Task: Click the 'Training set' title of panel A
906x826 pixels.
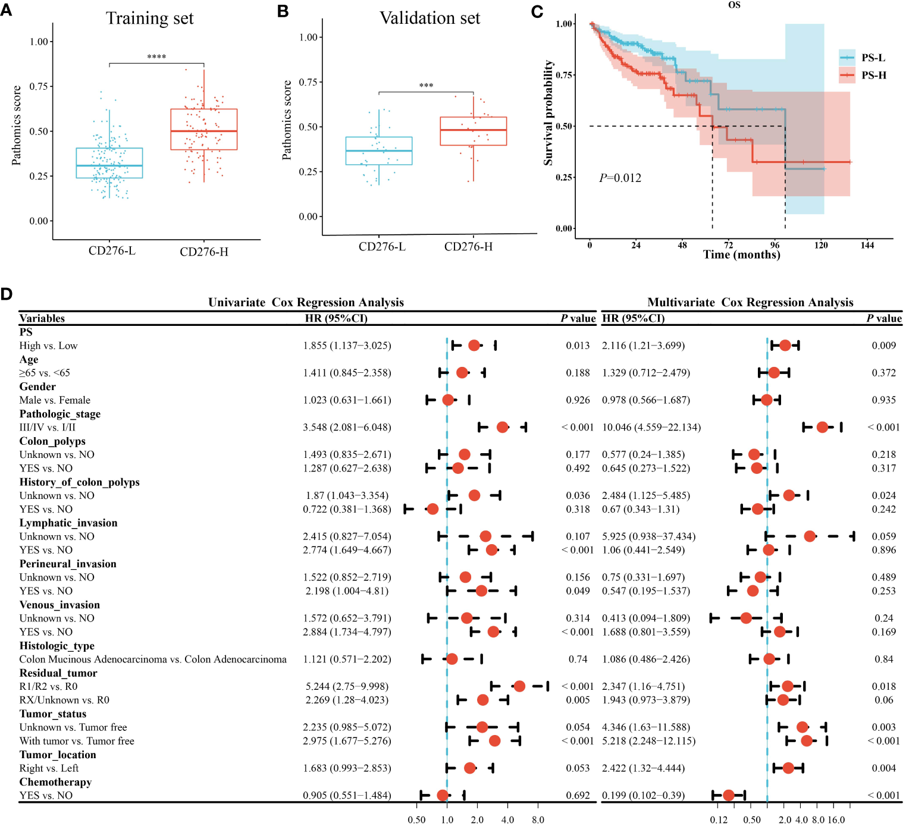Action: pos(150,18)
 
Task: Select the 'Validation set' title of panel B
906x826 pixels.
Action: pos(430,18)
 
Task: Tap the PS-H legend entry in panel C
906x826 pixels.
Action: pos(873,76)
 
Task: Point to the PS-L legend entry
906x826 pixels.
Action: pos(873,58)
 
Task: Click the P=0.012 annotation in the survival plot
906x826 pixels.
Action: pos(620,178)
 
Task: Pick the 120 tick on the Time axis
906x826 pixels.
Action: pos(821,245)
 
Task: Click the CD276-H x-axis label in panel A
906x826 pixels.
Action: pos(204,252)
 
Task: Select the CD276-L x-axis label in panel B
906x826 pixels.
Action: pos(382,247)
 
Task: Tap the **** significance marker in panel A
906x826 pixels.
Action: pos(156,57)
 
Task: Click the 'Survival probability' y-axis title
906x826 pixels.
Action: pos(548,113)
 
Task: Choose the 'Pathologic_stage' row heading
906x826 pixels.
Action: pos(60,414)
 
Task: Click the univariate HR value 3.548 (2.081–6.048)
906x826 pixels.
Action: pos(347,428)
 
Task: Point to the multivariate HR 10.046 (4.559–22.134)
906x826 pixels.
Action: pos(651,428)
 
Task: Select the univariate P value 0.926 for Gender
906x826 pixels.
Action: pos(578,400)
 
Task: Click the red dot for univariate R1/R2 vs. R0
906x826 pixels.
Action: pos(519,686)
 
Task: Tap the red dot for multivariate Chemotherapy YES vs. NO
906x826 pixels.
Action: pos(728,796)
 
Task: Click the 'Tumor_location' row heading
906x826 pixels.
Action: pos(58,755)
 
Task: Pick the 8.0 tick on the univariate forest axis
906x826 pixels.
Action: pos(538,820)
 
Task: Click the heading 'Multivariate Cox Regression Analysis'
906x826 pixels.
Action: pos(750,303)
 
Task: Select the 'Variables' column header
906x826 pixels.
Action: pos(42,318)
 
